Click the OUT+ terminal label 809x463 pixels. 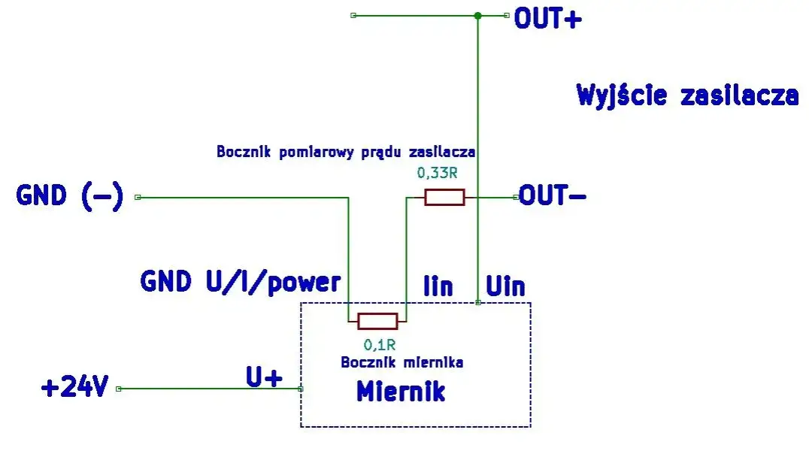click(x=547, y=18)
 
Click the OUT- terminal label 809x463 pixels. click(x=553, y=197)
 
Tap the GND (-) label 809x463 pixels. click(x=69, y=197)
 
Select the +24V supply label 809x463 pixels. click(x=75, y=389)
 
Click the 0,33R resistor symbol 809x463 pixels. click(x=444, y=198)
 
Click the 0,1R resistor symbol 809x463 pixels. click(x=377, y=322)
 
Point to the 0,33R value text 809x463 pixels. click(x=437, y=174)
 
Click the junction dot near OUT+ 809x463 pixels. click(x=477, y=15)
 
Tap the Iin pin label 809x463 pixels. click(x=438, y=286)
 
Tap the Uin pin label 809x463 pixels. click(x=505, y=286)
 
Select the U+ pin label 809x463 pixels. click(x=264, y=377)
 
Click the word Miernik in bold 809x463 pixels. click(x=401, y=392)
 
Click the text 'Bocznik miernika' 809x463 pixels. click(x=401, y=362)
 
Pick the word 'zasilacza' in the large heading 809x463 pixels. click(x=739, y=96)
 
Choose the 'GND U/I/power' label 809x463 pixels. click(x=241, y=282)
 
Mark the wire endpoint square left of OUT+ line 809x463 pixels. click(x=353, y=15)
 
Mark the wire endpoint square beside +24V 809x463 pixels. click(x=118, y=389)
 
